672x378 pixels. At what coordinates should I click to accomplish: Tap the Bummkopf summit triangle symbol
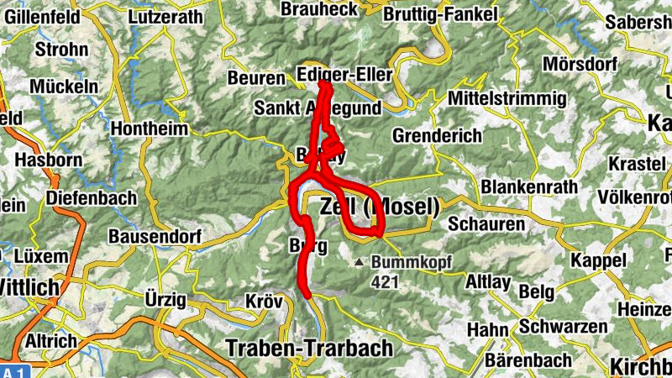click(x=360, y=262)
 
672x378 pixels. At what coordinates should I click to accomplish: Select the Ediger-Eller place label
click(x=345, y=76)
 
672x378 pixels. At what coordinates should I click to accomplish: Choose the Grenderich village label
click(x=438, y=135)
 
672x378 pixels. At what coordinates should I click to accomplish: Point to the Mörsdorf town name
click(x=580, y=64)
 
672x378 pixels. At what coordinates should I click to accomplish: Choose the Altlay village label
click(x=487, y=282)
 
